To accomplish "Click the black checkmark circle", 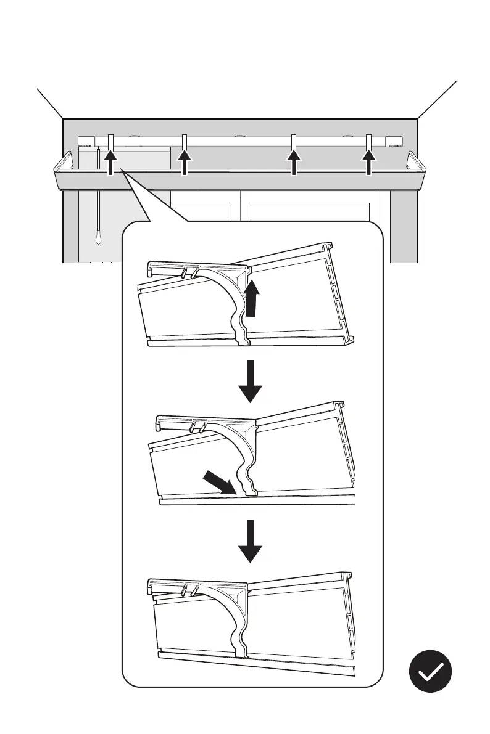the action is click(430, 671).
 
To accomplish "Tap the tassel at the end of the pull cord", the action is click(98, 237).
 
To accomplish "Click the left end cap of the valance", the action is click(63, 169).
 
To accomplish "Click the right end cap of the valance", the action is click(418, 169).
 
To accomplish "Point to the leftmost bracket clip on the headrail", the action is click(110, 141).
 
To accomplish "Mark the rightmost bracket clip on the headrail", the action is click(369, 141).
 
